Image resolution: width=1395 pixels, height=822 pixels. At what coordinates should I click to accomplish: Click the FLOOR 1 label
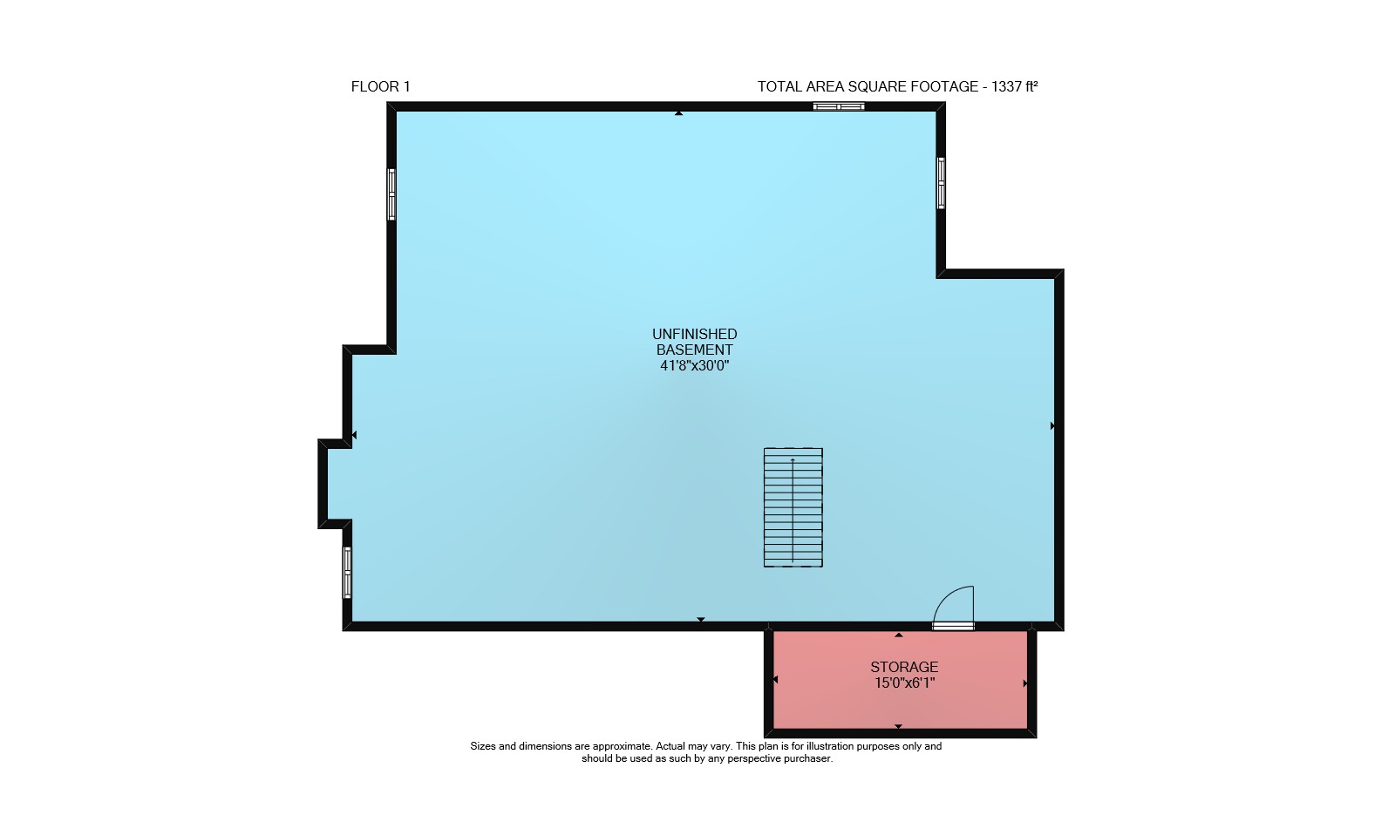pos(380,86)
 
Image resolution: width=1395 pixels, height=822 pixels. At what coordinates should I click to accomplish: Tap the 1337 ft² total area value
pos(1014,86)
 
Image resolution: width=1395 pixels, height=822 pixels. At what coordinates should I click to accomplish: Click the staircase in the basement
pos(793,507)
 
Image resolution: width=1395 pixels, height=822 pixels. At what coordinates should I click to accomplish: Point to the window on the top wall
pos(838,106)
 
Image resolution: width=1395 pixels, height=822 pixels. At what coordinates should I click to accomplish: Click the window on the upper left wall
pos(391,194)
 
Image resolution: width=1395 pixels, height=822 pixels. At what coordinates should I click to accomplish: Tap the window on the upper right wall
pos(941,183)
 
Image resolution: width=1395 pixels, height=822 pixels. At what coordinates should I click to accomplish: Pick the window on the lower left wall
pos(348,573)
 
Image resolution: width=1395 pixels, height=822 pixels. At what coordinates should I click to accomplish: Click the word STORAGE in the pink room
pos(904,667)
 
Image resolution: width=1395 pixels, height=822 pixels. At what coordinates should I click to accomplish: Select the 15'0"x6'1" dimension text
pos(905,683)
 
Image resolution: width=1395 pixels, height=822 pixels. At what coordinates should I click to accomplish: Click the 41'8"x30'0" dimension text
pos(694,365)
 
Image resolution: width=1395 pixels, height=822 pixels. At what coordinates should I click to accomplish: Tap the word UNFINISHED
pos(694,335)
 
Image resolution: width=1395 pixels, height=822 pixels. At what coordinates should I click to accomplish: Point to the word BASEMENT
pos(694,350)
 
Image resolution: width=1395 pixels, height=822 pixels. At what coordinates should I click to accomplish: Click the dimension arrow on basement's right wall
pos(1052,426)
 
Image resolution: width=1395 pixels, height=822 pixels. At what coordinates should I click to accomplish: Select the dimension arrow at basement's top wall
pos(679,113)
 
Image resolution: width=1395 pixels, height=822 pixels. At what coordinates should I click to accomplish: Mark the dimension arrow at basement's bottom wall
pos(701,620)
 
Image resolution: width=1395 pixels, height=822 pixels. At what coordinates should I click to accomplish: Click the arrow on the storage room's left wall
pos(775,679)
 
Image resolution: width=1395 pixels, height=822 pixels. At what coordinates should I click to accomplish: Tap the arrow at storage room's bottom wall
pos(898,726)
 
